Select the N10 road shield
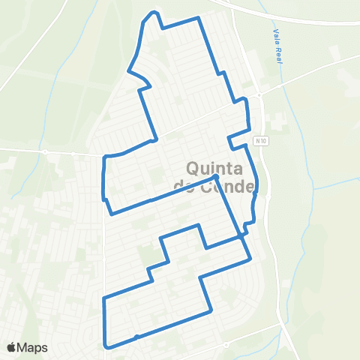tap(260, 139)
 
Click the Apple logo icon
tap(12, 347)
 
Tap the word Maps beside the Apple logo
tap(33, 347)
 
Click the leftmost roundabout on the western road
tap(45, 152)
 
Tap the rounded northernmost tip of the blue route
tap(154, 13)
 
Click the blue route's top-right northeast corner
tap(199, 18)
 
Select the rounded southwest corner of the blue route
tap(106, 345)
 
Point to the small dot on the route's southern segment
tap(136, 337)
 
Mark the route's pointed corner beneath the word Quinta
tap(216, 176)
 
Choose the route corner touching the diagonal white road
tap(154, 139)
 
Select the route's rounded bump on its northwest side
tap(130, 71)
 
